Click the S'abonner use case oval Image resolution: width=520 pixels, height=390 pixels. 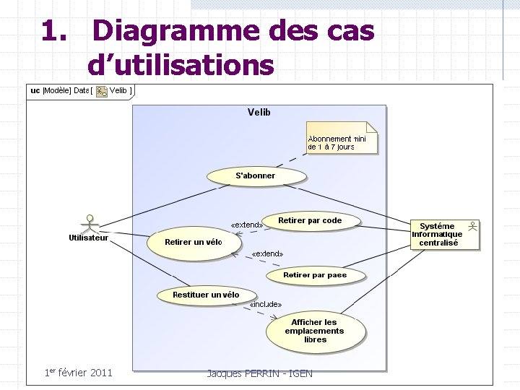click(x=256, y=175)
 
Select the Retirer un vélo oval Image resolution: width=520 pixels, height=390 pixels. click(x=194, y=242)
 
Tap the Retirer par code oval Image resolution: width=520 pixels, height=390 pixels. click(x=310, y=221)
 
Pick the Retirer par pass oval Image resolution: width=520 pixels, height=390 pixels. click(x=316, y=275)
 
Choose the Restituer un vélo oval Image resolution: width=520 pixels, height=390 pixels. click(x=206, y=295)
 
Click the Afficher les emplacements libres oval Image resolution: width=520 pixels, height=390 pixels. click(x=315, y=331)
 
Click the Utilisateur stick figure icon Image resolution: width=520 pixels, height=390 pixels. click(x=90, y=222)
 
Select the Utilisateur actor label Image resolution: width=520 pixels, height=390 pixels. click(x=89, y=238)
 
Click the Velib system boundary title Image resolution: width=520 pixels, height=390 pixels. click(x=259, y=112)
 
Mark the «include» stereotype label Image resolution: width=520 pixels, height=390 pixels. click(x=265, y=305)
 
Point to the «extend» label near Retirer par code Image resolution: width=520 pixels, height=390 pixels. click(x=246, y=225)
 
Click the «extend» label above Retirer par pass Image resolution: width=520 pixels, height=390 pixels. click(x=267, y=254)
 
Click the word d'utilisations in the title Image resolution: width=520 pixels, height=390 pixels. click(x=181, y=65)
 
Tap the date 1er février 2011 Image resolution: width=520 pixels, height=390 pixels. click(x=78, y=373)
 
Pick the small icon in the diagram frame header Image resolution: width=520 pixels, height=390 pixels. click(x=102, y=91)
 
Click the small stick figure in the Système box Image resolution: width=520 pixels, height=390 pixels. click(x=472, y=226)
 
